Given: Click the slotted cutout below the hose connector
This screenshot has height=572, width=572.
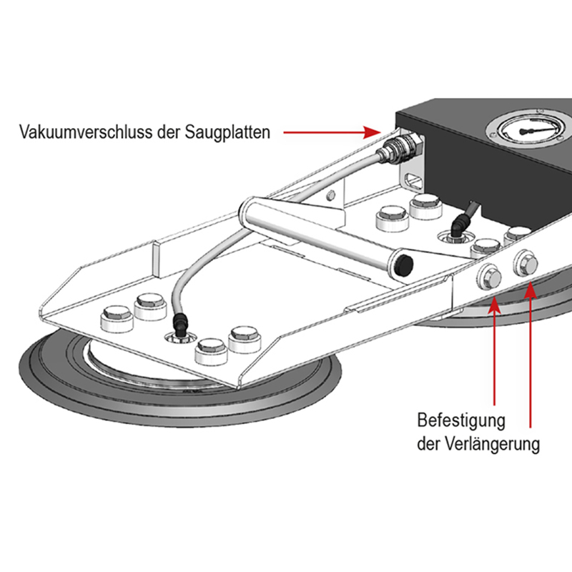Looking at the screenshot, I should (x=413, y=176).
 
